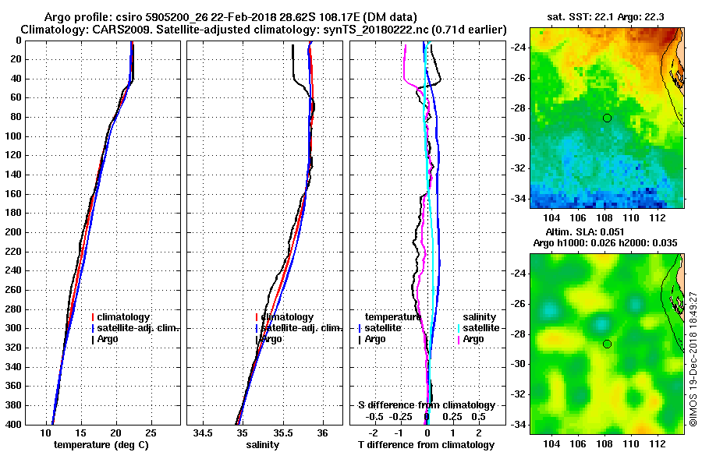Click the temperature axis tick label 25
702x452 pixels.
(x=151, y=433)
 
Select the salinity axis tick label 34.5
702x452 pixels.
(x=204, y=433)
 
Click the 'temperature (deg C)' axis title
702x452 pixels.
(x=101, y=445)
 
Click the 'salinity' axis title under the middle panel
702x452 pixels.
(x=263, y=445)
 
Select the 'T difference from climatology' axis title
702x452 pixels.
(x=426, y=445)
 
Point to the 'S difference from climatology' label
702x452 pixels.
(x=427, y=405)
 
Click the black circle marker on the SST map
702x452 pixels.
(x=607, y=118)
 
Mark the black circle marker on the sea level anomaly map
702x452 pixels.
(x=607, y=344)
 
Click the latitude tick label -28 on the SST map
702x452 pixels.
(x=517, y=108)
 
